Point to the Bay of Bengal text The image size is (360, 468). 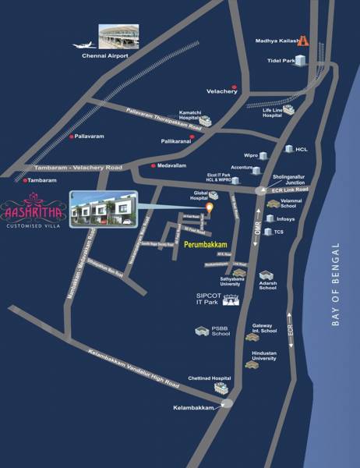(336, 284)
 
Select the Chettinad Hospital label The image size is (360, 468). (207, 379)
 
